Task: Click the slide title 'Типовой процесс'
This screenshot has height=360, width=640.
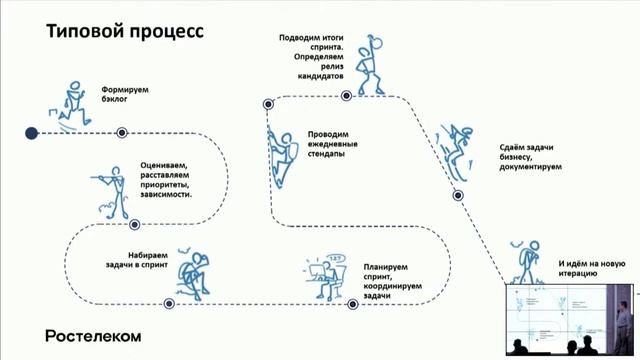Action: [125, 31]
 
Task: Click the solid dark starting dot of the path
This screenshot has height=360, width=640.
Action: [31, 132]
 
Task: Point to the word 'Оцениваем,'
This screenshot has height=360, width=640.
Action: [158, 167]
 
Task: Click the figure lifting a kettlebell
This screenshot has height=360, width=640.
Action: [372, 62]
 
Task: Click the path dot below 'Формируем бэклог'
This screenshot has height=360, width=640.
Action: [122, 132]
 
